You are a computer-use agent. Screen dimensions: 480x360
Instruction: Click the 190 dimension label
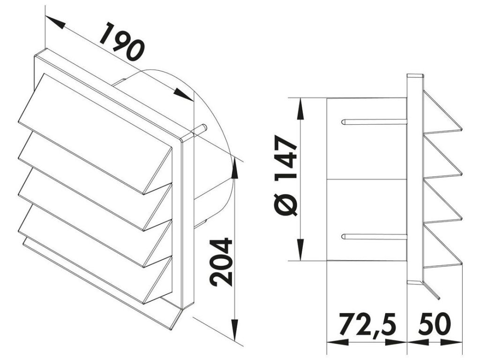tap(122, 41)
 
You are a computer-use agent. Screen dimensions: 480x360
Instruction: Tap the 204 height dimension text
tap(221, 262)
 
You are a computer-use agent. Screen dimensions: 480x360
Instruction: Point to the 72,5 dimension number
tap(367, 324)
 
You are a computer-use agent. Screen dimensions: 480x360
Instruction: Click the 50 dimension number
tap(435, 323)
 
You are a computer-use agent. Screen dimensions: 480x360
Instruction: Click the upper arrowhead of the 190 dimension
tap(55, 22)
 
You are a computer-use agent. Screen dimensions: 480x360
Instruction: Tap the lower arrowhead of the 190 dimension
tap(183, 94)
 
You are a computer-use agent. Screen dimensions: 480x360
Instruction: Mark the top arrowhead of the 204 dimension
tap(235, 168)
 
